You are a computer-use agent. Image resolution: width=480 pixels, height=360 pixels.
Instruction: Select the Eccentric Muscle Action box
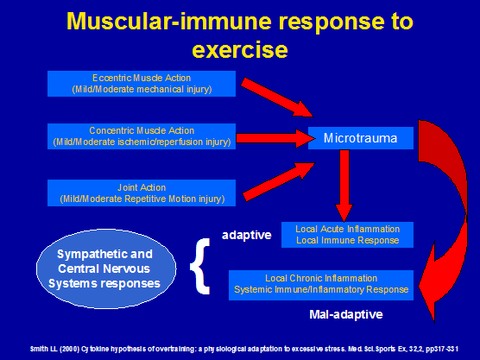tap(142, 83)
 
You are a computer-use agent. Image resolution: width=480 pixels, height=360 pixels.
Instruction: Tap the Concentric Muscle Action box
tap(142, 136)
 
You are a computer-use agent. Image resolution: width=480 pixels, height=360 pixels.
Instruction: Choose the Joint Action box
tap(142, 192)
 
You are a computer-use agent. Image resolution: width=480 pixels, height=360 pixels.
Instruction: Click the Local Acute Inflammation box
tap(347, 234)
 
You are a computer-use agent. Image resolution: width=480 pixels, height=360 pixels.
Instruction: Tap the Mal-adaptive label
tap(345, 313)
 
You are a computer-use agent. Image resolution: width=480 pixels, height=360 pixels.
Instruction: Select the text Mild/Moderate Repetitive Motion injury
tap(142, 198)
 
